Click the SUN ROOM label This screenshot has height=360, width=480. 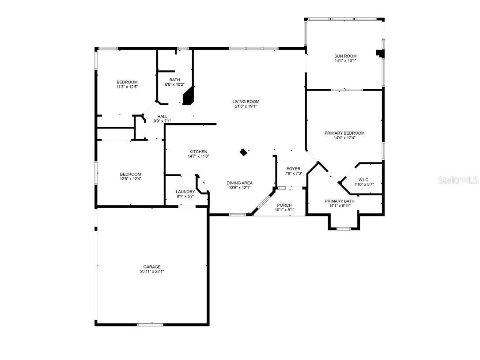coord(345,56)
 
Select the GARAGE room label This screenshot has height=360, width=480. coord(151,267)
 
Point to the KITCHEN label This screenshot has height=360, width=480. coord(198,152)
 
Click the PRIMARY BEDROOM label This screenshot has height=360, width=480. coord(344,133)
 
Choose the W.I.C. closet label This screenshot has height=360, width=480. coord(364,179)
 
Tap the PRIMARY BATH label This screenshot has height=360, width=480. coord(339,201)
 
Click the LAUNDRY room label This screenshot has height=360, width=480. coord(185,192)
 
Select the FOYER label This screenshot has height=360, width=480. coord(293,169)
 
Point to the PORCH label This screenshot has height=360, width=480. coord(284,205)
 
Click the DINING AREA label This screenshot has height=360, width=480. coord(239,183)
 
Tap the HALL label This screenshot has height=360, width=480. coord(162,116)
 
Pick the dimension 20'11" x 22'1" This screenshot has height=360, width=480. coord(151,272)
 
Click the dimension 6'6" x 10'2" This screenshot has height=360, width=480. coord(174,84)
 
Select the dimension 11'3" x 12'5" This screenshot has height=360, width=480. coord(127,87)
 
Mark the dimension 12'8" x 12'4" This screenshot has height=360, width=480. coord(130,179)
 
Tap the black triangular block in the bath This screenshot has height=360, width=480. coord(189,96)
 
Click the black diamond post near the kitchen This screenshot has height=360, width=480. coord(243,152)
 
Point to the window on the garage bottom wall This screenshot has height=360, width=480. coord(150,325)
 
